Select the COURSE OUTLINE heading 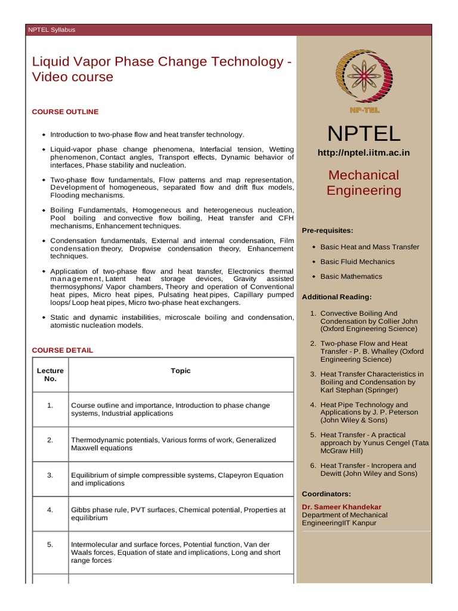pyautogui.click(x=65, y=112)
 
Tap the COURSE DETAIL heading pyautogui.click(x=63, y=350)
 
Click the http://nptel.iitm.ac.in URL pyautogui.click(x=364, y=153)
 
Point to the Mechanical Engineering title pyautogui.click(x=364, y=183)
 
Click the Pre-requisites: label pyautogui.click(x=327, y=230)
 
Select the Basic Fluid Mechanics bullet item pyautogui.click(x=357, y=261)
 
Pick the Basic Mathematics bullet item pyautogui.click(x=351, y=276)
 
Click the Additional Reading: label pyautogui.click(x=337, y=297)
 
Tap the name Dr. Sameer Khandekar pyautogui.click(x=342, y=507)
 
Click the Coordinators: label pyautogui.click(x=326, y=493)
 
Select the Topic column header pyautogui.click(x=181, y=371)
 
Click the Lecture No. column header pyautogui.click(x=50, y=375)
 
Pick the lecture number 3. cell pyautogui.click(x=50, y=475)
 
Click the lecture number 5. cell pyautogui.click(x=50, y=544)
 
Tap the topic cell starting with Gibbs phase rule pyautogui.click(x=178, y=514)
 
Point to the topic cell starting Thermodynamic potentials pyautogui.click(x=173, y=444)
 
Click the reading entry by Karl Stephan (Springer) pyautogui.click(x=372, y=382)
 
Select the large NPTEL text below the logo pyautogui.click(x=364, y=133)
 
